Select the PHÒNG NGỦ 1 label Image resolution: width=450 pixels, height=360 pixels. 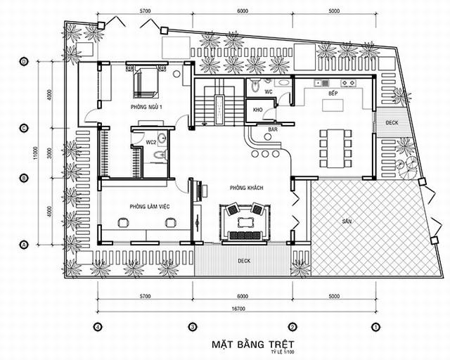tap(146, 107)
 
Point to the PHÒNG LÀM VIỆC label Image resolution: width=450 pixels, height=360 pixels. tap(146, 206)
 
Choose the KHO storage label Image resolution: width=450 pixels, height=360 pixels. tap(257, 110)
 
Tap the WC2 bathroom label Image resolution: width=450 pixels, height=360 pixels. tap(150, 143)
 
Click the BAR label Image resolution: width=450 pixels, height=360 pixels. tap(271, 130)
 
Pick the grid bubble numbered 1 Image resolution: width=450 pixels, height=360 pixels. tap(376, 327)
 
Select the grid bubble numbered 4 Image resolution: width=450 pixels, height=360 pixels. tap(98, 327)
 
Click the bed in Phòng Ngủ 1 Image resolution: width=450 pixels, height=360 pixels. tap(145, 82)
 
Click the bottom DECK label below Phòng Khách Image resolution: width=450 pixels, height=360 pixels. tap(243, 261)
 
